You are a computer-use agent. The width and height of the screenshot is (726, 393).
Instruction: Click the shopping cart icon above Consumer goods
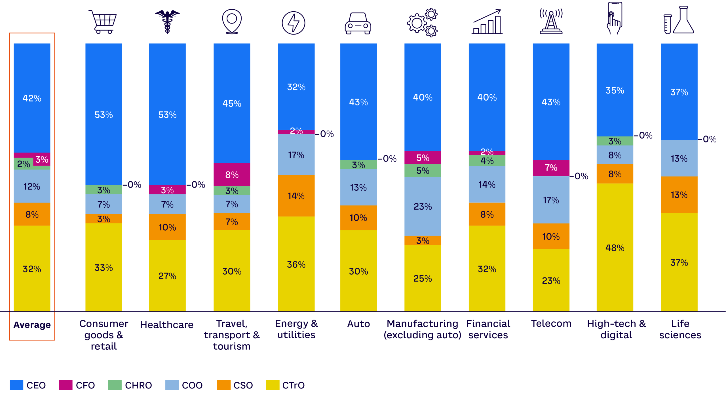tap(103, 22)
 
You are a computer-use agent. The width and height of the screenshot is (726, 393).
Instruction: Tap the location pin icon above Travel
tap(232, 21)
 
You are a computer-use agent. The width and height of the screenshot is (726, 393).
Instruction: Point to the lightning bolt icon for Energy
tap(294, 23)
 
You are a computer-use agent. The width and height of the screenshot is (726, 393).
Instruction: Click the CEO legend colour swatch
tap(16, 385)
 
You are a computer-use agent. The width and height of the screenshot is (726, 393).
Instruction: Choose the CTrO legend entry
tap(285, 385)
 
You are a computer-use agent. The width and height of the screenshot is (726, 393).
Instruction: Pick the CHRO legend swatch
tap(115, 385)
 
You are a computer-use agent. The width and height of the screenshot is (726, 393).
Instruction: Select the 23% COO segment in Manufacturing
tap(423, 206)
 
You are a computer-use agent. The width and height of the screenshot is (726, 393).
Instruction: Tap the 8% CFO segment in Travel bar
tap(232, 174)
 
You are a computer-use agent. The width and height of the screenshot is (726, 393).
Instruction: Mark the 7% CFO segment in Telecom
tap(551, 168)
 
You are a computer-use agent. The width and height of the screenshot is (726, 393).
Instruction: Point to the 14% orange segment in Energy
tap(296, 196)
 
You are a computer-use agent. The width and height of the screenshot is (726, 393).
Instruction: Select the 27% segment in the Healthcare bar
tap(167, 275)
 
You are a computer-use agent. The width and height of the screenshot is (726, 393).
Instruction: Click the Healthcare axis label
tap(167, 325)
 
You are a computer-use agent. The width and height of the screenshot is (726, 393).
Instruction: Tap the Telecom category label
tap(551, 324)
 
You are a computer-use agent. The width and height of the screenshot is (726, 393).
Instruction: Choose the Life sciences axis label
tap(680, 329)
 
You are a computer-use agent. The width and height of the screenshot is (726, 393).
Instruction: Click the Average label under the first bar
tap(32, 325)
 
